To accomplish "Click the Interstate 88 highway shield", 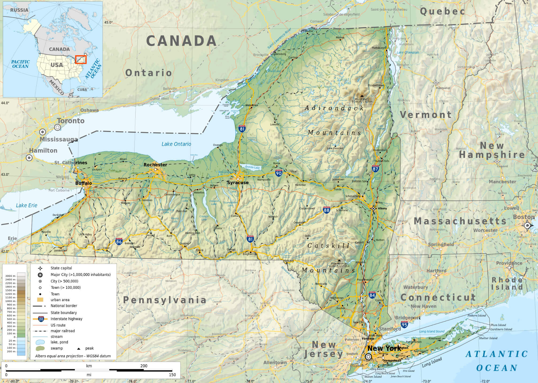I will pyautogui.click(x=326, y=210).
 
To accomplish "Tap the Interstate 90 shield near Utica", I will pyautogui.click(x=279, y=173).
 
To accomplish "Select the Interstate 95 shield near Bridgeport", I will pyautogui.click(x=404, y=325).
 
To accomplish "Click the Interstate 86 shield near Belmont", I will pyautogui.click(x=119, y=241).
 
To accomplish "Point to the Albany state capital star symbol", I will pyautogui.click(x=373, y=209).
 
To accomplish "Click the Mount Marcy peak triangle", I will pyautogui.click(x=362, y=96).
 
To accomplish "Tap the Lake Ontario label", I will pyautogui.click(x=176, y=144).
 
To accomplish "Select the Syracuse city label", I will pyautogui.click(x=238, y=183).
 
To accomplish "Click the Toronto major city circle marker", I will pyautogui.click(x=57, y=127).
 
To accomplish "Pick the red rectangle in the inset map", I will pyautogui.click(x=81, y=59).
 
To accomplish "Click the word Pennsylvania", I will pyautogui.click(x=165, y=300).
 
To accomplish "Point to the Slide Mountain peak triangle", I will pyautogui.click(x=339, y=260).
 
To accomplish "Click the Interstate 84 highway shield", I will pyautogui.click(x=372, y=295).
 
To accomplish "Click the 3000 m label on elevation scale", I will pyautogui.click(x=10, y=276).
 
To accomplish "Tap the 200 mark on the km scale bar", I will pyautogui.click(x=144, y=366).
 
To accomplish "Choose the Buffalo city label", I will pyautogui.click(x=83, y=183).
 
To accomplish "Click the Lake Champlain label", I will pyautogui.click(x=408, y=52).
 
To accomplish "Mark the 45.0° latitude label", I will pyautogui.click(x=109, y=22).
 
